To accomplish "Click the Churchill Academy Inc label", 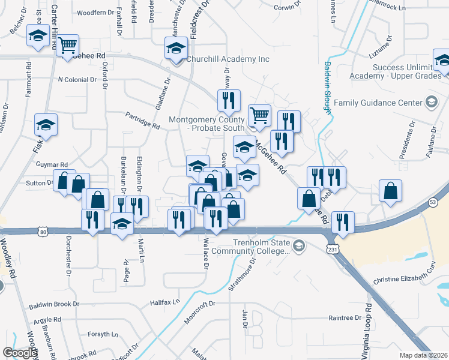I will click(x=228, y=59).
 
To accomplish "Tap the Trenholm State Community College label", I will click(x=262, y=247).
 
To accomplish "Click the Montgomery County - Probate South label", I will click(x=206, y=124).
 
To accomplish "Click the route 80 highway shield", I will click(x=41, y=231).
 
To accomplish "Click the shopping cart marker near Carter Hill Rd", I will click(x=68, y=44).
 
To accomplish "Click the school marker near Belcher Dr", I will click(x=38, y=36).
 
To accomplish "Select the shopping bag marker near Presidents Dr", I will click(x=390, y=190).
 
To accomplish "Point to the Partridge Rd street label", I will click(x=142, y=121).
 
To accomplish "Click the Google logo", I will click(x=20, y=353).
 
